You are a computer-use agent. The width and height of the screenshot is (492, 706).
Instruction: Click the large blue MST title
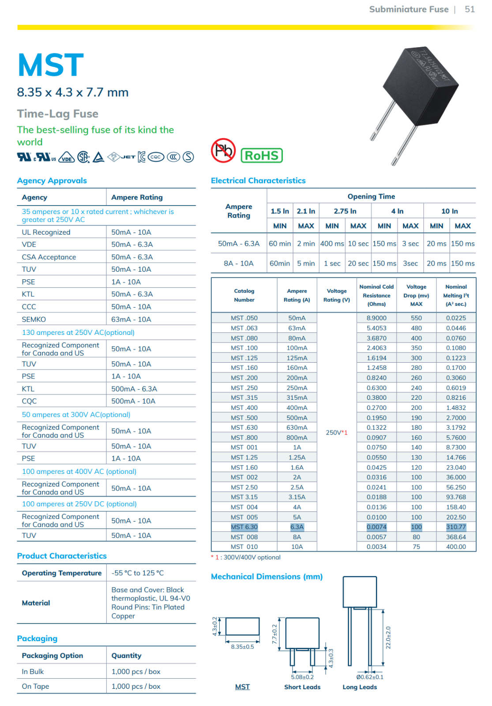(x=50, y=65)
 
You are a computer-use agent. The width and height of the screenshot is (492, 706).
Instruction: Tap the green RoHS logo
(x=262, y=156)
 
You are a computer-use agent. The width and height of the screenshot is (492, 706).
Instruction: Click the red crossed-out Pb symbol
(x=223, y=150)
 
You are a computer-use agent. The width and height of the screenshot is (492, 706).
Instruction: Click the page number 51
(x=469, y=9)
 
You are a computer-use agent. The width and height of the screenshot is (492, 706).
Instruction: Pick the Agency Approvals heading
(x=52, y=180)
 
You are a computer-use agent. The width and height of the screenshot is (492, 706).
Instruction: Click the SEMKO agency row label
(x=34, y=319)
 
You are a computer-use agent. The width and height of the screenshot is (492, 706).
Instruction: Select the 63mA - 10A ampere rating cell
(x=131, y=319)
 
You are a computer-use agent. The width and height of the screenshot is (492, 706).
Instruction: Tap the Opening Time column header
(x=371, y=196)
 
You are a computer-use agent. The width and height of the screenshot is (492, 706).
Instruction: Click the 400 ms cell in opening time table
(x=332, y=244)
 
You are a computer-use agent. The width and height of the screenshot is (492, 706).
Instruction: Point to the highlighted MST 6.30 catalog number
(x=244, y=527)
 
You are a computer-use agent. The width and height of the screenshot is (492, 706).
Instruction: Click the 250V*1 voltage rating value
(x=336, y=432)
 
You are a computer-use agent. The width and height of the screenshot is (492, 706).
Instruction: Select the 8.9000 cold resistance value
(x=376, y=318)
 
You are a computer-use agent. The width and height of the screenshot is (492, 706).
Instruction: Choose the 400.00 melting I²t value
(x=456, y=547)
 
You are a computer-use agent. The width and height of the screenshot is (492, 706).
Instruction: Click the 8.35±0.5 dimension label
(x=242, y=647)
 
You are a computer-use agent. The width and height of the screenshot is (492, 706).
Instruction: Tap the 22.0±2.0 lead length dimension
(x=388, y=638)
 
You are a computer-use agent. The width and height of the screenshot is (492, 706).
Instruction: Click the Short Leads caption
(x=302, y=687)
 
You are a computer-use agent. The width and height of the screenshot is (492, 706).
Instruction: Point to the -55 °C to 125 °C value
(x=138, y=573)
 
